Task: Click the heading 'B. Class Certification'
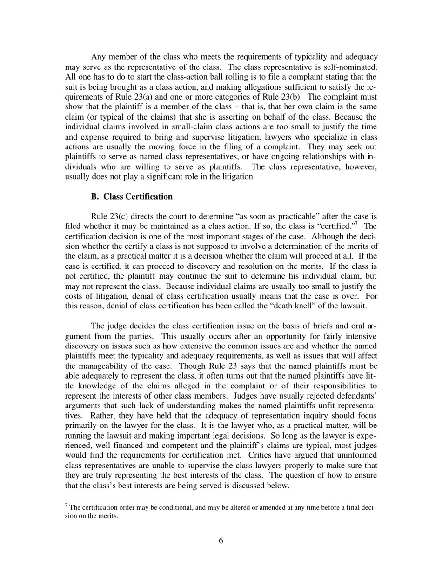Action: (132, 197)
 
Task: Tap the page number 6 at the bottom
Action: (221, 540)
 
